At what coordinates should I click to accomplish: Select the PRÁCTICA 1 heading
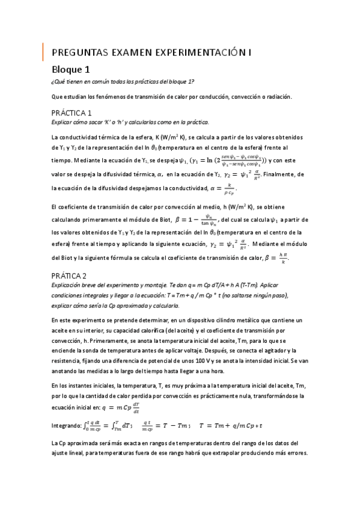[72, 112]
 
